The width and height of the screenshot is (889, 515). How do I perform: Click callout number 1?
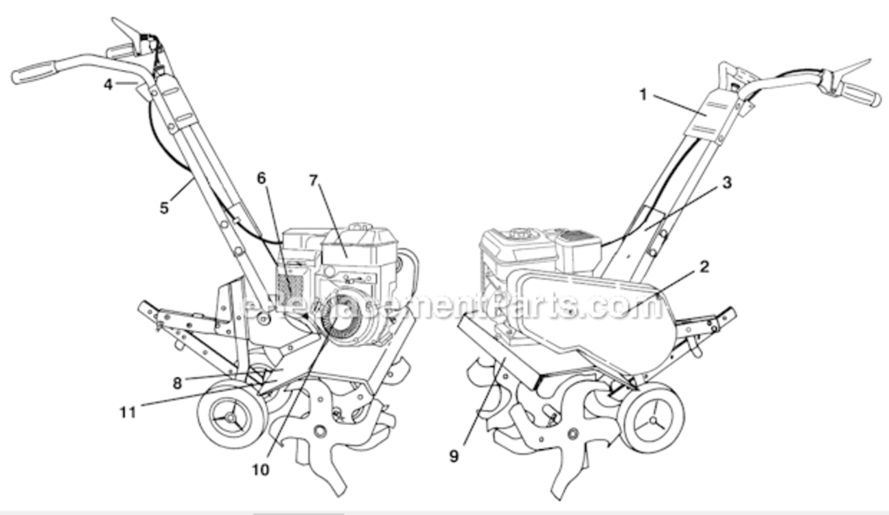[643, 95]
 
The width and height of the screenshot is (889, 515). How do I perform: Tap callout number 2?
[704, 267]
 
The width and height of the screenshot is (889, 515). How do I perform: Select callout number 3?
[727, 183]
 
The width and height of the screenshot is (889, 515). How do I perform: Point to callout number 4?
[108, 84]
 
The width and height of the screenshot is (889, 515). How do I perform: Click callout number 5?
[164, 207]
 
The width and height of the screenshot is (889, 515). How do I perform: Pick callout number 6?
[261, 179]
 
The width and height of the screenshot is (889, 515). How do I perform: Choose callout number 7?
[314, 181]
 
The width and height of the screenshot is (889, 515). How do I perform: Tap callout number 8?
[177, 383]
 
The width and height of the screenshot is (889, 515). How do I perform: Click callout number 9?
[454, 456]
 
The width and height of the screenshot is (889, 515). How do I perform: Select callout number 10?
[261, 470]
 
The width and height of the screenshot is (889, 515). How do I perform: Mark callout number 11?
[128, 413]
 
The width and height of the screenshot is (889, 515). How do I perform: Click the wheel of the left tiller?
[231, 414]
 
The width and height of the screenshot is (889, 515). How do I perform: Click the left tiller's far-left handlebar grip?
[34, 72]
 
